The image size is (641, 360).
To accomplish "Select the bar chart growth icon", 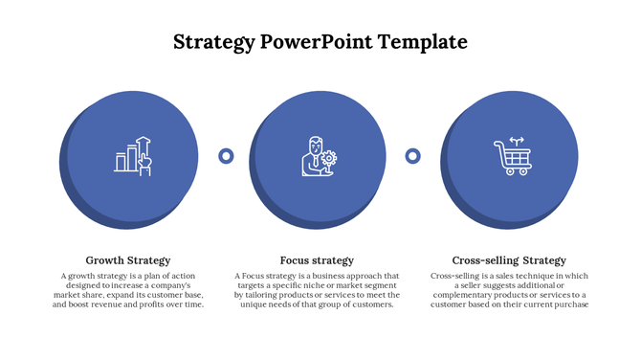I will [x=133, y=154].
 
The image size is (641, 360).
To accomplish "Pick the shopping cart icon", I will [x=511, y=156].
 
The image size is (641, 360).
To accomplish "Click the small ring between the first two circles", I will [x=227, y=155].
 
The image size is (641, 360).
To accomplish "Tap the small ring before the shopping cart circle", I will [x=413, y=155].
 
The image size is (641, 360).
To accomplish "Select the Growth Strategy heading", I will [x=128, y=260].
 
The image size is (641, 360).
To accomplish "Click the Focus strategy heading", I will [x=317, y=260].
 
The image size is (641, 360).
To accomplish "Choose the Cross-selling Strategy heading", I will [x=509, y=260].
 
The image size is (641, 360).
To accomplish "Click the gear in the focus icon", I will [x=329, y=158].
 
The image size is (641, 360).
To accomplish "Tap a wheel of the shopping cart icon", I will [x=505, y=172].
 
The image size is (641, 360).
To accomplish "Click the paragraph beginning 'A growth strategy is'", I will [x=128, y=290].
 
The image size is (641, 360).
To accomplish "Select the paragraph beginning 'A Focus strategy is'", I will [x=317, y=290].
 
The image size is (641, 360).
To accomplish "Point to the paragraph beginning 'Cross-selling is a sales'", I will [x=509, y=290].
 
